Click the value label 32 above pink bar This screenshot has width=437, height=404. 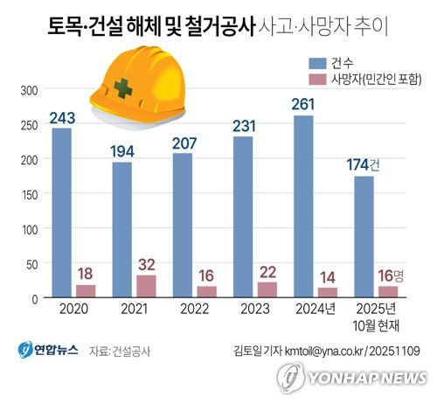[x=145, y=263]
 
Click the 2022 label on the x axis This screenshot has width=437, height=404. [x=191, y=310]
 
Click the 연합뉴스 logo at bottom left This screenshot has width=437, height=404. [x=49, y=350]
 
